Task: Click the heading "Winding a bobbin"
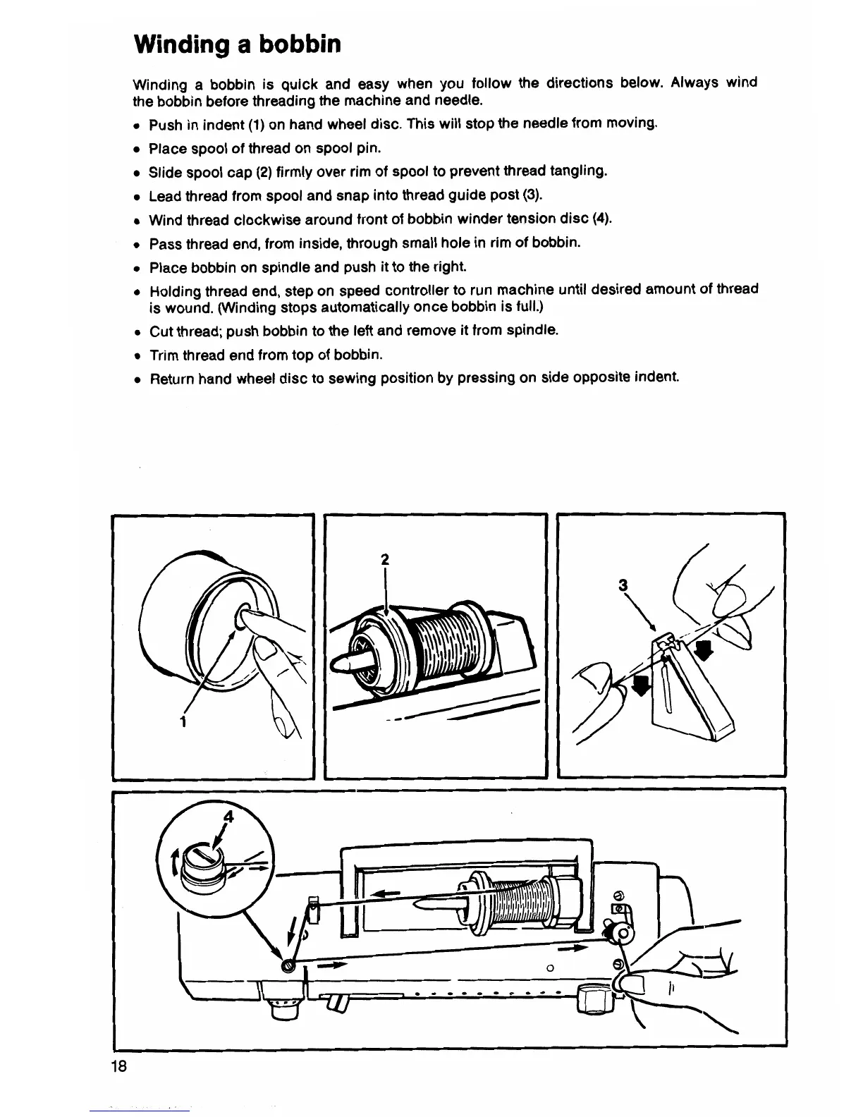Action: click(x=237, y=44)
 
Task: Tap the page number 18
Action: click(x=118, y=1065)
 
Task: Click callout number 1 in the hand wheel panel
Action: click(x=182, y=721)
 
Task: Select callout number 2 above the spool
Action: click(x=384, y=560)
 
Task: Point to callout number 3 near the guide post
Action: click(x=622, y=585)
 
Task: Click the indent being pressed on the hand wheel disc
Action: click(x=245, y=614)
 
